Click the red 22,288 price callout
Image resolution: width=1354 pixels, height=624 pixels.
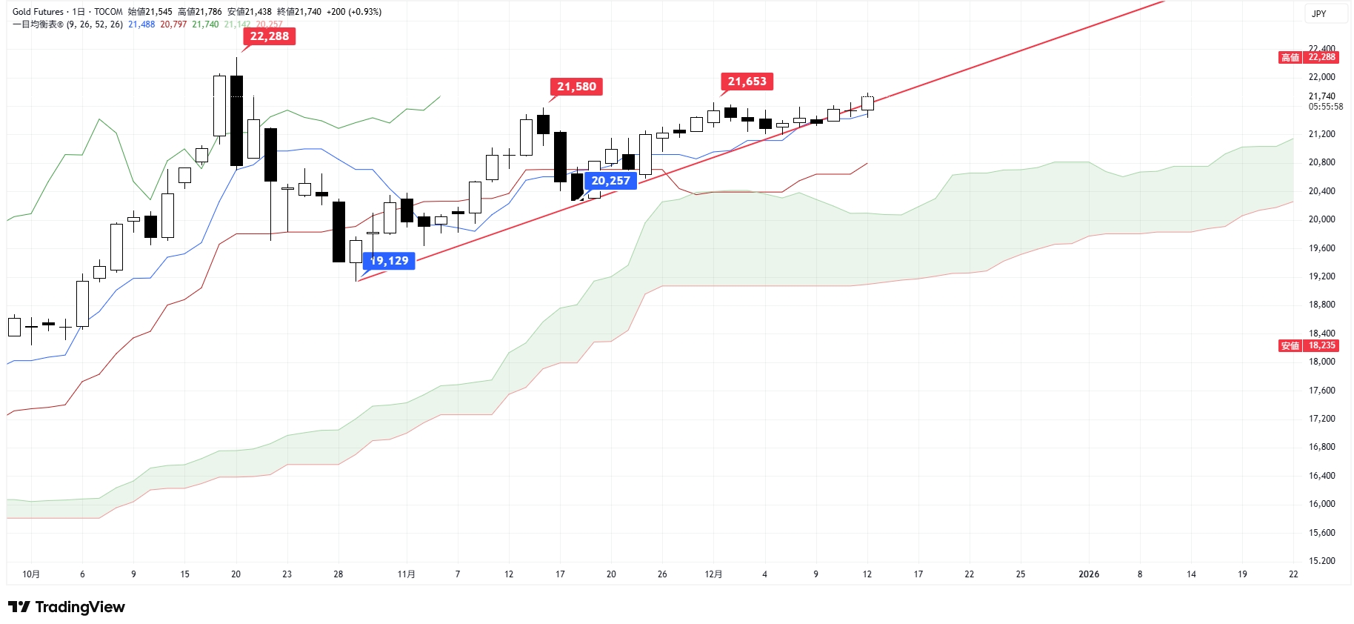click(x=270, y=36)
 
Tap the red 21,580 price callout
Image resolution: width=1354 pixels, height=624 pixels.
click(x=576, y=87)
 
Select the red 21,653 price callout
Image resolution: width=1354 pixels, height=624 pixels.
click(x=747, y=82)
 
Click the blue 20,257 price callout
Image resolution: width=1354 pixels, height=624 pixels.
click(x=610, y=181)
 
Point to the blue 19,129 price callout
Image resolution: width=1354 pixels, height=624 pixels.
click(x=390, y=261)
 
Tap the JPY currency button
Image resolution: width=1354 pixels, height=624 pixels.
click(x=1318, y=14)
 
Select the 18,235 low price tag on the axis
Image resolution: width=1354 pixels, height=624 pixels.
click(x=1321, y=345)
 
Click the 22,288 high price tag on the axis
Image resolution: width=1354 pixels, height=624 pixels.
click(x=1321, y=57)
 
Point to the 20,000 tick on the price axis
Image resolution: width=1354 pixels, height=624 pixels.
click(x=1321, y=219)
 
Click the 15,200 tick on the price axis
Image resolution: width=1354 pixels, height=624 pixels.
click(x=1321, y=561)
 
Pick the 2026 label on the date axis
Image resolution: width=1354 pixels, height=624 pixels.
click(x=1089, y=574)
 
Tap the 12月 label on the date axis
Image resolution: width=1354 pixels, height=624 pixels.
click(x=713, y=574)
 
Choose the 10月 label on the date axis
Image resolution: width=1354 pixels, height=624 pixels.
click(x=31, y=574)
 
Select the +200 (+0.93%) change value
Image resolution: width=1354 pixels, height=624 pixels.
click(x=354, y=12)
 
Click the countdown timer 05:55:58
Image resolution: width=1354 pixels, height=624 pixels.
click(x=1325, y=107)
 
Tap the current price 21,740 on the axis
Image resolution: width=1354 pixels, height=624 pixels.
click(x=1321, y=96)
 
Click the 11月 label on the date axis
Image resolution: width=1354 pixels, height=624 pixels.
click(x=406, y=574)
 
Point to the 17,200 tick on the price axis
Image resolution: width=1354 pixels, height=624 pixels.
click(x=1321, y=419)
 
